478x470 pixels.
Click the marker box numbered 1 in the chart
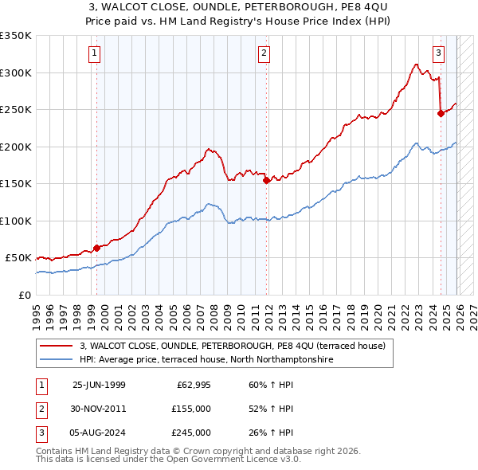(x=94, y=53)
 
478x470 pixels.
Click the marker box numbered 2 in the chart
(x=264, y=53)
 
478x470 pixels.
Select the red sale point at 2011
(x=266, y=181)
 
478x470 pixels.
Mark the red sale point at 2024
(x=441, y=113)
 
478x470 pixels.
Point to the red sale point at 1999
(x=96, y=248)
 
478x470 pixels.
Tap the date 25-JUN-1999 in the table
(x=99, y=384)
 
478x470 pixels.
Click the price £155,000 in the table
(x=191, y=409)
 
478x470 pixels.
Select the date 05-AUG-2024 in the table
(x=99, y=433)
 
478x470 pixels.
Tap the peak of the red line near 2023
(x=416, y=64)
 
